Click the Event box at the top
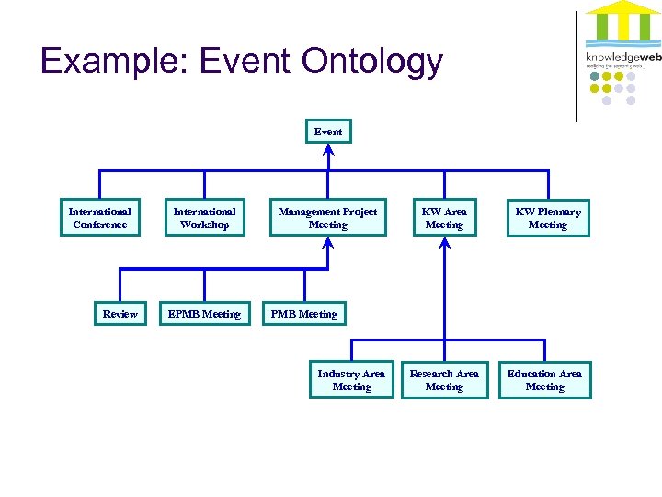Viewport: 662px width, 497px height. (328, 132)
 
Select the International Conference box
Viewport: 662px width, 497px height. (100, 218)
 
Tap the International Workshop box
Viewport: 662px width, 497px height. (204, 218)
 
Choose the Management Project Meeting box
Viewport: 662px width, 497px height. (327, 218)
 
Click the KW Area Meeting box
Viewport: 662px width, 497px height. (444, 218)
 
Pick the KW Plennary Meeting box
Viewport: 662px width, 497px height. (548, 218)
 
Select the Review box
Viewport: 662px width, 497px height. (120, 314)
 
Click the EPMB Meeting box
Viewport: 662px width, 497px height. (204, 314)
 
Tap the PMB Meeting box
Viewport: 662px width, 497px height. (303, 314)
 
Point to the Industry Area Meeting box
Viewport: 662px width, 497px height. (351, 380)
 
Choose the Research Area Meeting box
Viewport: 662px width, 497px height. (444, 380)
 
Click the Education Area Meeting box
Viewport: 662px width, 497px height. (544, 380)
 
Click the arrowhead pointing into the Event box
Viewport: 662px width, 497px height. (328, 149)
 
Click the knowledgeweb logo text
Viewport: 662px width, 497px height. (622, 57)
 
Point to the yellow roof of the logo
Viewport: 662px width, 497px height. (622, 9)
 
